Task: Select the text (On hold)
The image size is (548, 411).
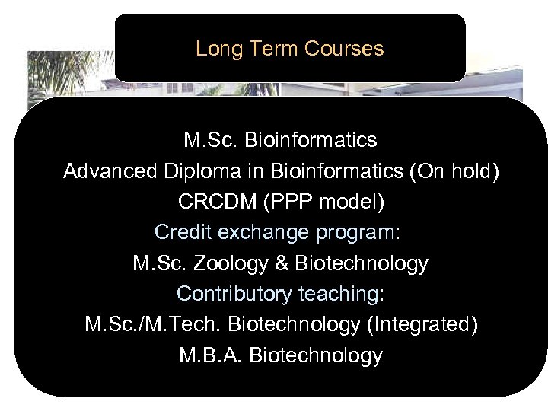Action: tap(454, 171)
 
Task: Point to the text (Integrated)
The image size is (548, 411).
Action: tap(422, 325)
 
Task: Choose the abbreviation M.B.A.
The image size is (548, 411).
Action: tap(211, 355)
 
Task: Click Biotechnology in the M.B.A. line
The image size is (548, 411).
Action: tap(316, 355)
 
